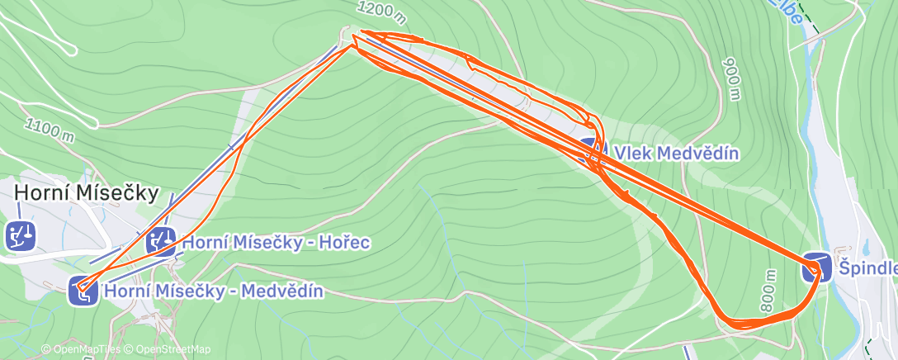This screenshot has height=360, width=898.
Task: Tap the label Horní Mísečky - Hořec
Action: coord(275,242)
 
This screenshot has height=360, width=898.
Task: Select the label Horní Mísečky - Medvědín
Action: coord(213,291)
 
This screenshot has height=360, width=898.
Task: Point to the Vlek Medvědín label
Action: coord(676,153)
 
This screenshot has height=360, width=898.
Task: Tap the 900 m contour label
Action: coord(731,78)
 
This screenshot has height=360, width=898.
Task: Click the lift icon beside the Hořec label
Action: coord(160,242)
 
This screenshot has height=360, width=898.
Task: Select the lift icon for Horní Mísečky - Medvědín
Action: coord(83,291)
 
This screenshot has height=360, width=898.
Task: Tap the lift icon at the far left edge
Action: coord(19,235)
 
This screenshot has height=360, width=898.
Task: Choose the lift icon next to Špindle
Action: coord(815,268)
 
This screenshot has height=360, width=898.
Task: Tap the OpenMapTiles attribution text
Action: coord(81,349)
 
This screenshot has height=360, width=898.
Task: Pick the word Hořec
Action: coord(346,242)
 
